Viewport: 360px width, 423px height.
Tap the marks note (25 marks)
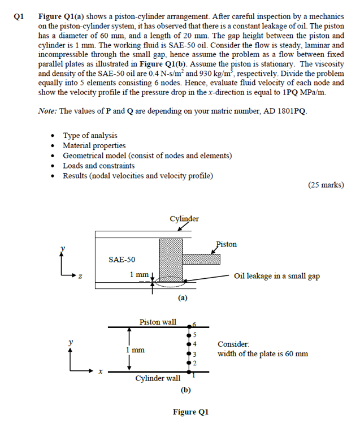[326, 185]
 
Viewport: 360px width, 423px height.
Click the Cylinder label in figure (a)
[184, 219]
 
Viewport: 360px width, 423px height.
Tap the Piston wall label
[158, 322]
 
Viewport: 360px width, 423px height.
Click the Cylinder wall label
[158, 378]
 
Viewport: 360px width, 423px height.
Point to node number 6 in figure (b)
[193, 324]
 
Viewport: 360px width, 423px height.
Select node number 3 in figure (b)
[193, 353]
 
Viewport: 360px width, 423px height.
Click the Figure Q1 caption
[190, 412]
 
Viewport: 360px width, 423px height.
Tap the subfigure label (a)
[183, 297]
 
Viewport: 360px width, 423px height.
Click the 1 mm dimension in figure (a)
[139, 274]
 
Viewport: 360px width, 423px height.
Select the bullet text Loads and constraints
[98, 165]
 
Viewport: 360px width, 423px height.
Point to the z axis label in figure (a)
[80, 277]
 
